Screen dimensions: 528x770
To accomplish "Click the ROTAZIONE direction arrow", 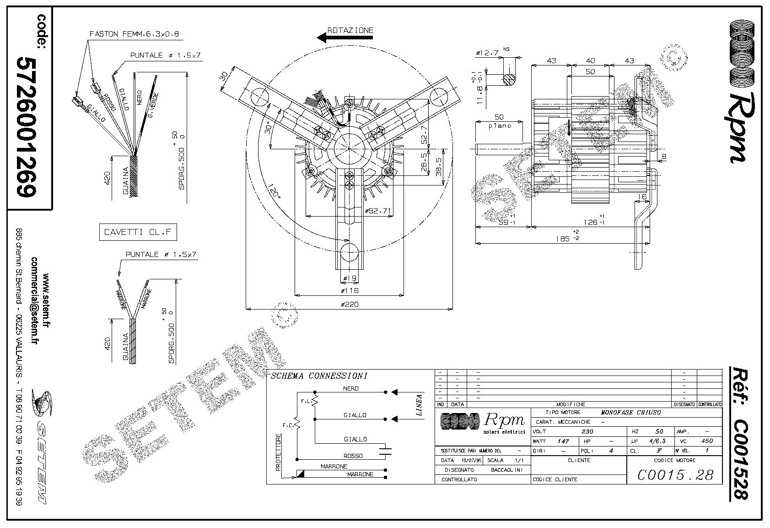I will tap(345, 38).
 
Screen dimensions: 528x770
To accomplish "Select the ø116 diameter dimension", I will tap(350, 290).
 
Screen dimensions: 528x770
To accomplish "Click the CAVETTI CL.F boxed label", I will tap(138, 232).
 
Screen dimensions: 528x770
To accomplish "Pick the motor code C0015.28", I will tap(675, 475).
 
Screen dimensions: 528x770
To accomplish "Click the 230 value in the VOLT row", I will tap(587, 431).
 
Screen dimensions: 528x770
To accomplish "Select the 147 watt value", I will tap(563, 441).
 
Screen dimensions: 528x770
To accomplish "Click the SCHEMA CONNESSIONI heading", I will tap(319, 376).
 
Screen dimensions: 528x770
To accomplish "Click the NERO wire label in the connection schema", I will tap(350, 388).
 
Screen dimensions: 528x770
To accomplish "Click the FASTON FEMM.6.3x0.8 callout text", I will tap(134, 34).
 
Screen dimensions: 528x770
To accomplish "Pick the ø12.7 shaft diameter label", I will tap(487, 53).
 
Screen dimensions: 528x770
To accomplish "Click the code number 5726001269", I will tap(27, 127).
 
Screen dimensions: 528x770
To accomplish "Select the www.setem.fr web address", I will tap(46, 302).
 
